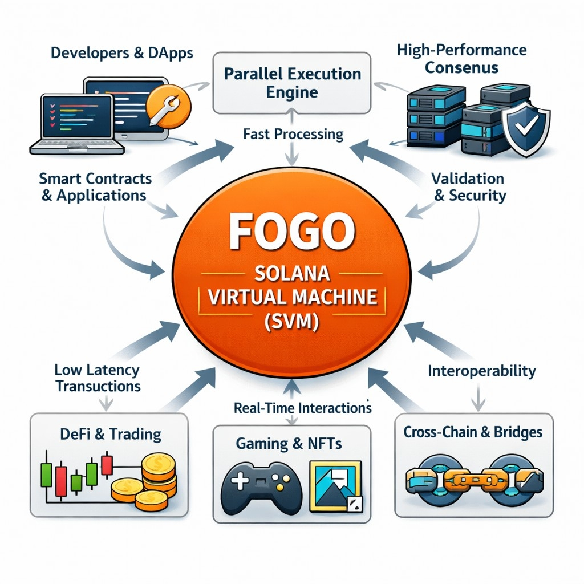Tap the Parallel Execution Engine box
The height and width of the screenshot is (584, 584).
292,83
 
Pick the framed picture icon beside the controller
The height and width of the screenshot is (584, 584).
335,485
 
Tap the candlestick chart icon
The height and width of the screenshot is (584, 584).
75,473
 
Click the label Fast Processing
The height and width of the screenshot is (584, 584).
293,135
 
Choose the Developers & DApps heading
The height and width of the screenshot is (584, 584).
121,54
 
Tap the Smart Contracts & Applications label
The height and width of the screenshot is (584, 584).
95,187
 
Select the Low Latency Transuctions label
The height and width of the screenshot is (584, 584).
98,378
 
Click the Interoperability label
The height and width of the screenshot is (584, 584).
482,371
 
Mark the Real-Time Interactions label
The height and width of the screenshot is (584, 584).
302,408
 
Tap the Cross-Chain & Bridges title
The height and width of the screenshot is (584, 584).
473,432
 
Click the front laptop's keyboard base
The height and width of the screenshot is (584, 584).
77,146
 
